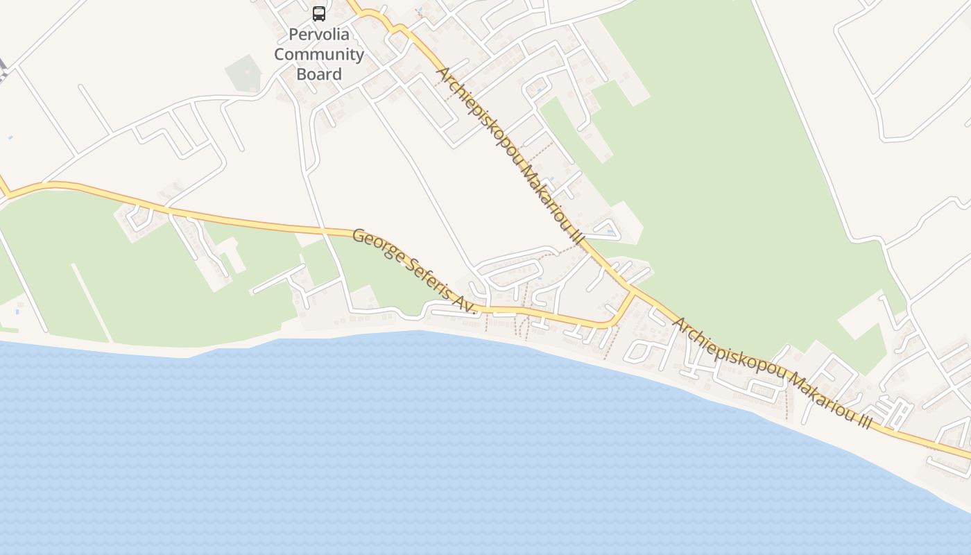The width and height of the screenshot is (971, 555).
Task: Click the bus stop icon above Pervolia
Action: [x=319, y=13]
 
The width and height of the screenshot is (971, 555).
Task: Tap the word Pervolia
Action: [x=319, y=34]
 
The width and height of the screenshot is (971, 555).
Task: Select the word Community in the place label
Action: [x=319, y=54]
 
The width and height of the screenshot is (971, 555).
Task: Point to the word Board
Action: [x=319, y=74]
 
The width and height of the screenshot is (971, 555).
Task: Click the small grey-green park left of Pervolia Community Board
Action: [x=243, y=74]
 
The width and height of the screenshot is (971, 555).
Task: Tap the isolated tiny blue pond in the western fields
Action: [x=10, y=137]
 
